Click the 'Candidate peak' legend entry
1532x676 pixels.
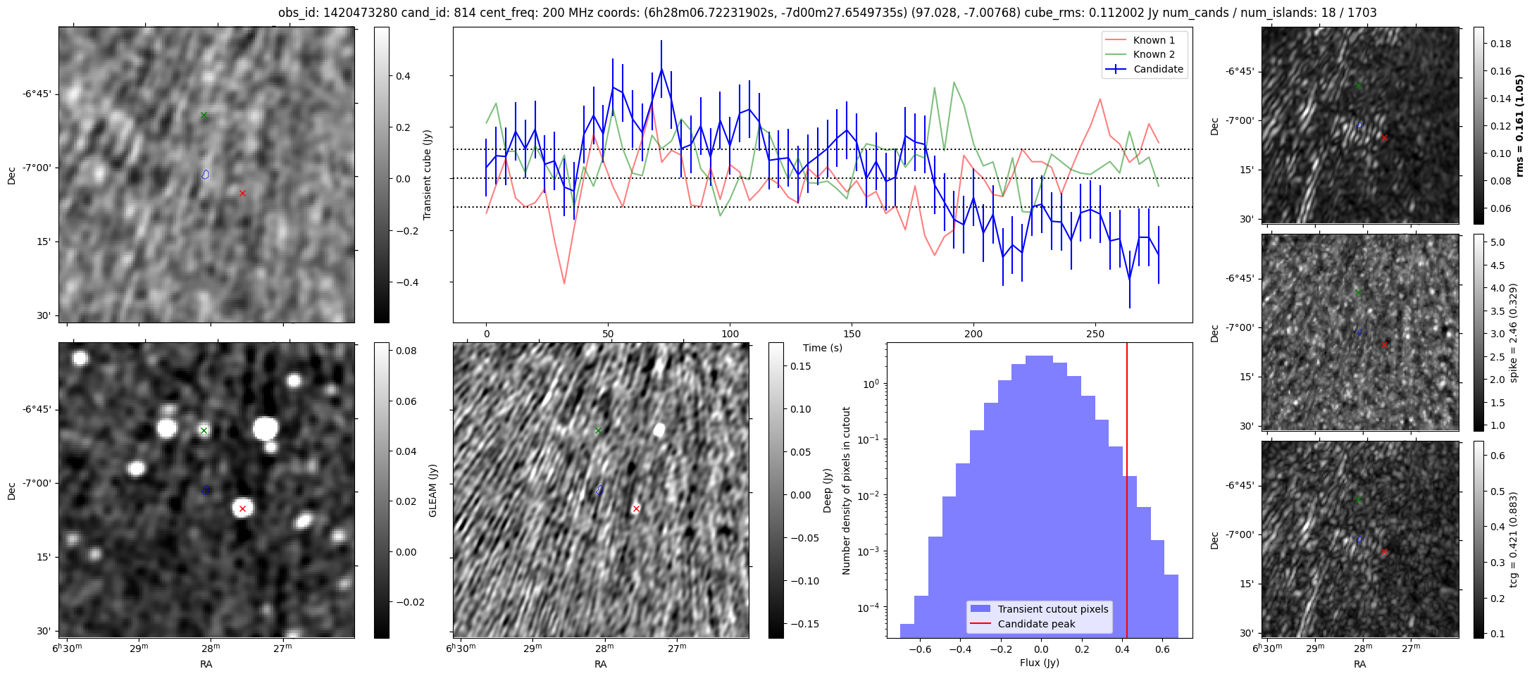coord(1036,624)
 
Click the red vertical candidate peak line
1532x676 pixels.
coord(1127,458)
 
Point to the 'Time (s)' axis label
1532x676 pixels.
coord(822,348)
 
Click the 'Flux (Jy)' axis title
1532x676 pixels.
coord(1039,663)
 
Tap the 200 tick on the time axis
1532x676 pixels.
coord(973,334)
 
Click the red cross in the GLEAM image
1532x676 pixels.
coord(242,508)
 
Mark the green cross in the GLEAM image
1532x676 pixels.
coord(204,430)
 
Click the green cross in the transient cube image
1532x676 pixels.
coord(204,115)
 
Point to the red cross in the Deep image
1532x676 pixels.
coord(636,508)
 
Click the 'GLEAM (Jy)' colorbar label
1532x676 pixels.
coord(432,491)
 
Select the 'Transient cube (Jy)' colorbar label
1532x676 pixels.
coord(427,175)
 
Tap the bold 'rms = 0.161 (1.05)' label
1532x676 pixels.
coord(1519,125)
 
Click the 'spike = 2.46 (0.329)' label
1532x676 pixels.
coord(1513,332)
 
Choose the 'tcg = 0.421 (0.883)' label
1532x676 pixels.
coord(1513,539)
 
